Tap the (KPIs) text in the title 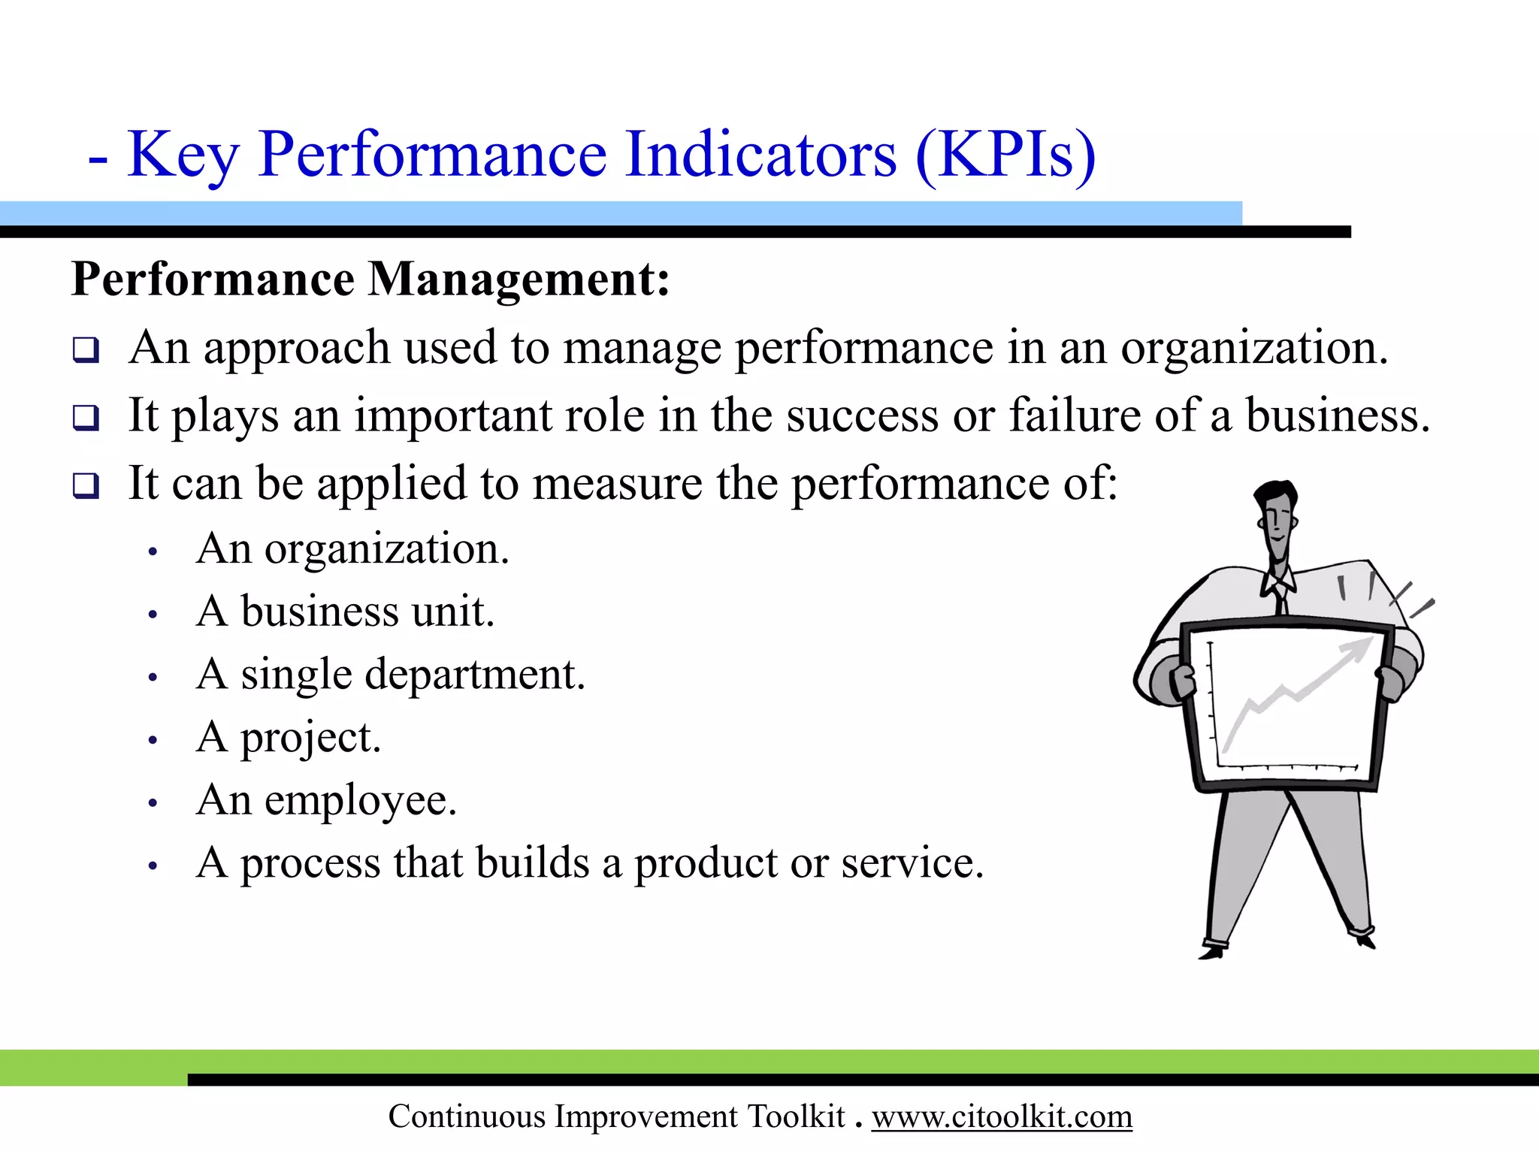(1005, 155)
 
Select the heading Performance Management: (370, 279)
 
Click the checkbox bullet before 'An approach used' (86, 349)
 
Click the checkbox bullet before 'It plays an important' (86, 417)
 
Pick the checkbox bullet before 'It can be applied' (86, 485)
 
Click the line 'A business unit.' (346, 611)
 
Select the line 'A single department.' (391, 674)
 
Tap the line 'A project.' (289, 737)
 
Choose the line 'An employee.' (327, 800)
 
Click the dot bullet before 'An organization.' (153, 552)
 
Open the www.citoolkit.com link (1002, 1116)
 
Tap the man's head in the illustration (1277, 518)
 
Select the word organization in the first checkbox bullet (1253, 348)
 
